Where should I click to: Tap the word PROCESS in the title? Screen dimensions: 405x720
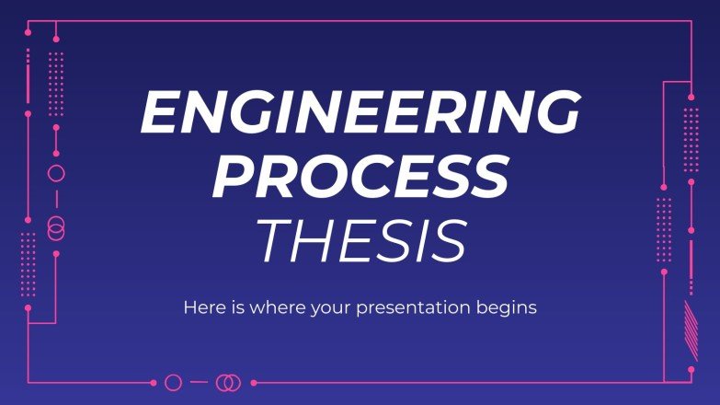tap(360, 177)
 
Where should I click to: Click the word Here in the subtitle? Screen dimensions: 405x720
tap(204, 307)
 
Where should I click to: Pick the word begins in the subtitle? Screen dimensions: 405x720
tap(509, 308)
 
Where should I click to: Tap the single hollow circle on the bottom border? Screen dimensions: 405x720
tap(173, 382)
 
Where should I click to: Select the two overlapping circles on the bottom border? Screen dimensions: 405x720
tap(228, 382)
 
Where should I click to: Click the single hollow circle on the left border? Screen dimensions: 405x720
tap(56, 173)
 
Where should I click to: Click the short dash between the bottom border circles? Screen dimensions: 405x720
tap(200, 382)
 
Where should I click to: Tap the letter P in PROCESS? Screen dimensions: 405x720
tap(231, 177)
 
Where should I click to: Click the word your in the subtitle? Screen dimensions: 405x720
tap(342, 308)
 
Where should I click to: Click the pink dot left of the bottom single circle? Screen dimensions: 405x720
tap(152, 382)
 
